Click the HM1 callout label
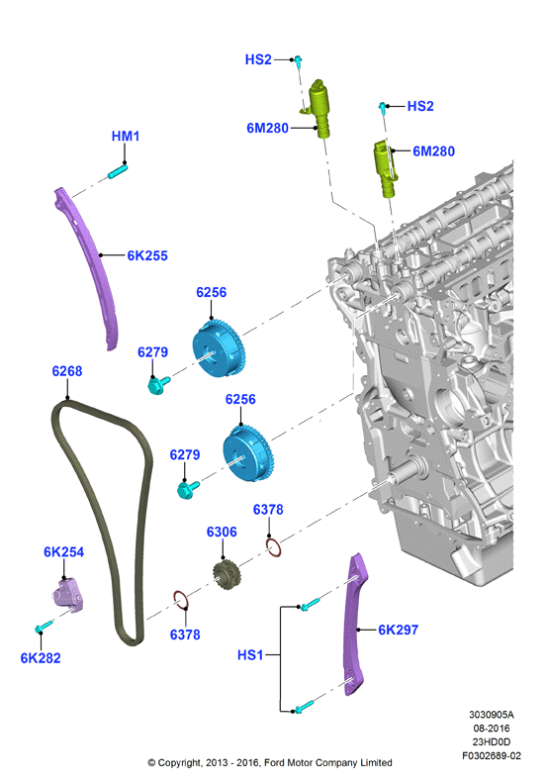coord(126,136)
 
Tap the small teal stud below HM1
coord(118,172)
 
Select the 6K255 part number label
coord(147,255)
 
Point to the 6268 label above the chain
coord(67,371)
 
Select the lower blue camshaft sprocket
coord(248,453)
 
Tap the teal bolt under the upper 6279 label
coord(158,384)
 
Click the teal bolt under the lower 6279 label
coord(188,488)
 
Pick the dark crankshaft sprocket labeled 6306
coord(227,575)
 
